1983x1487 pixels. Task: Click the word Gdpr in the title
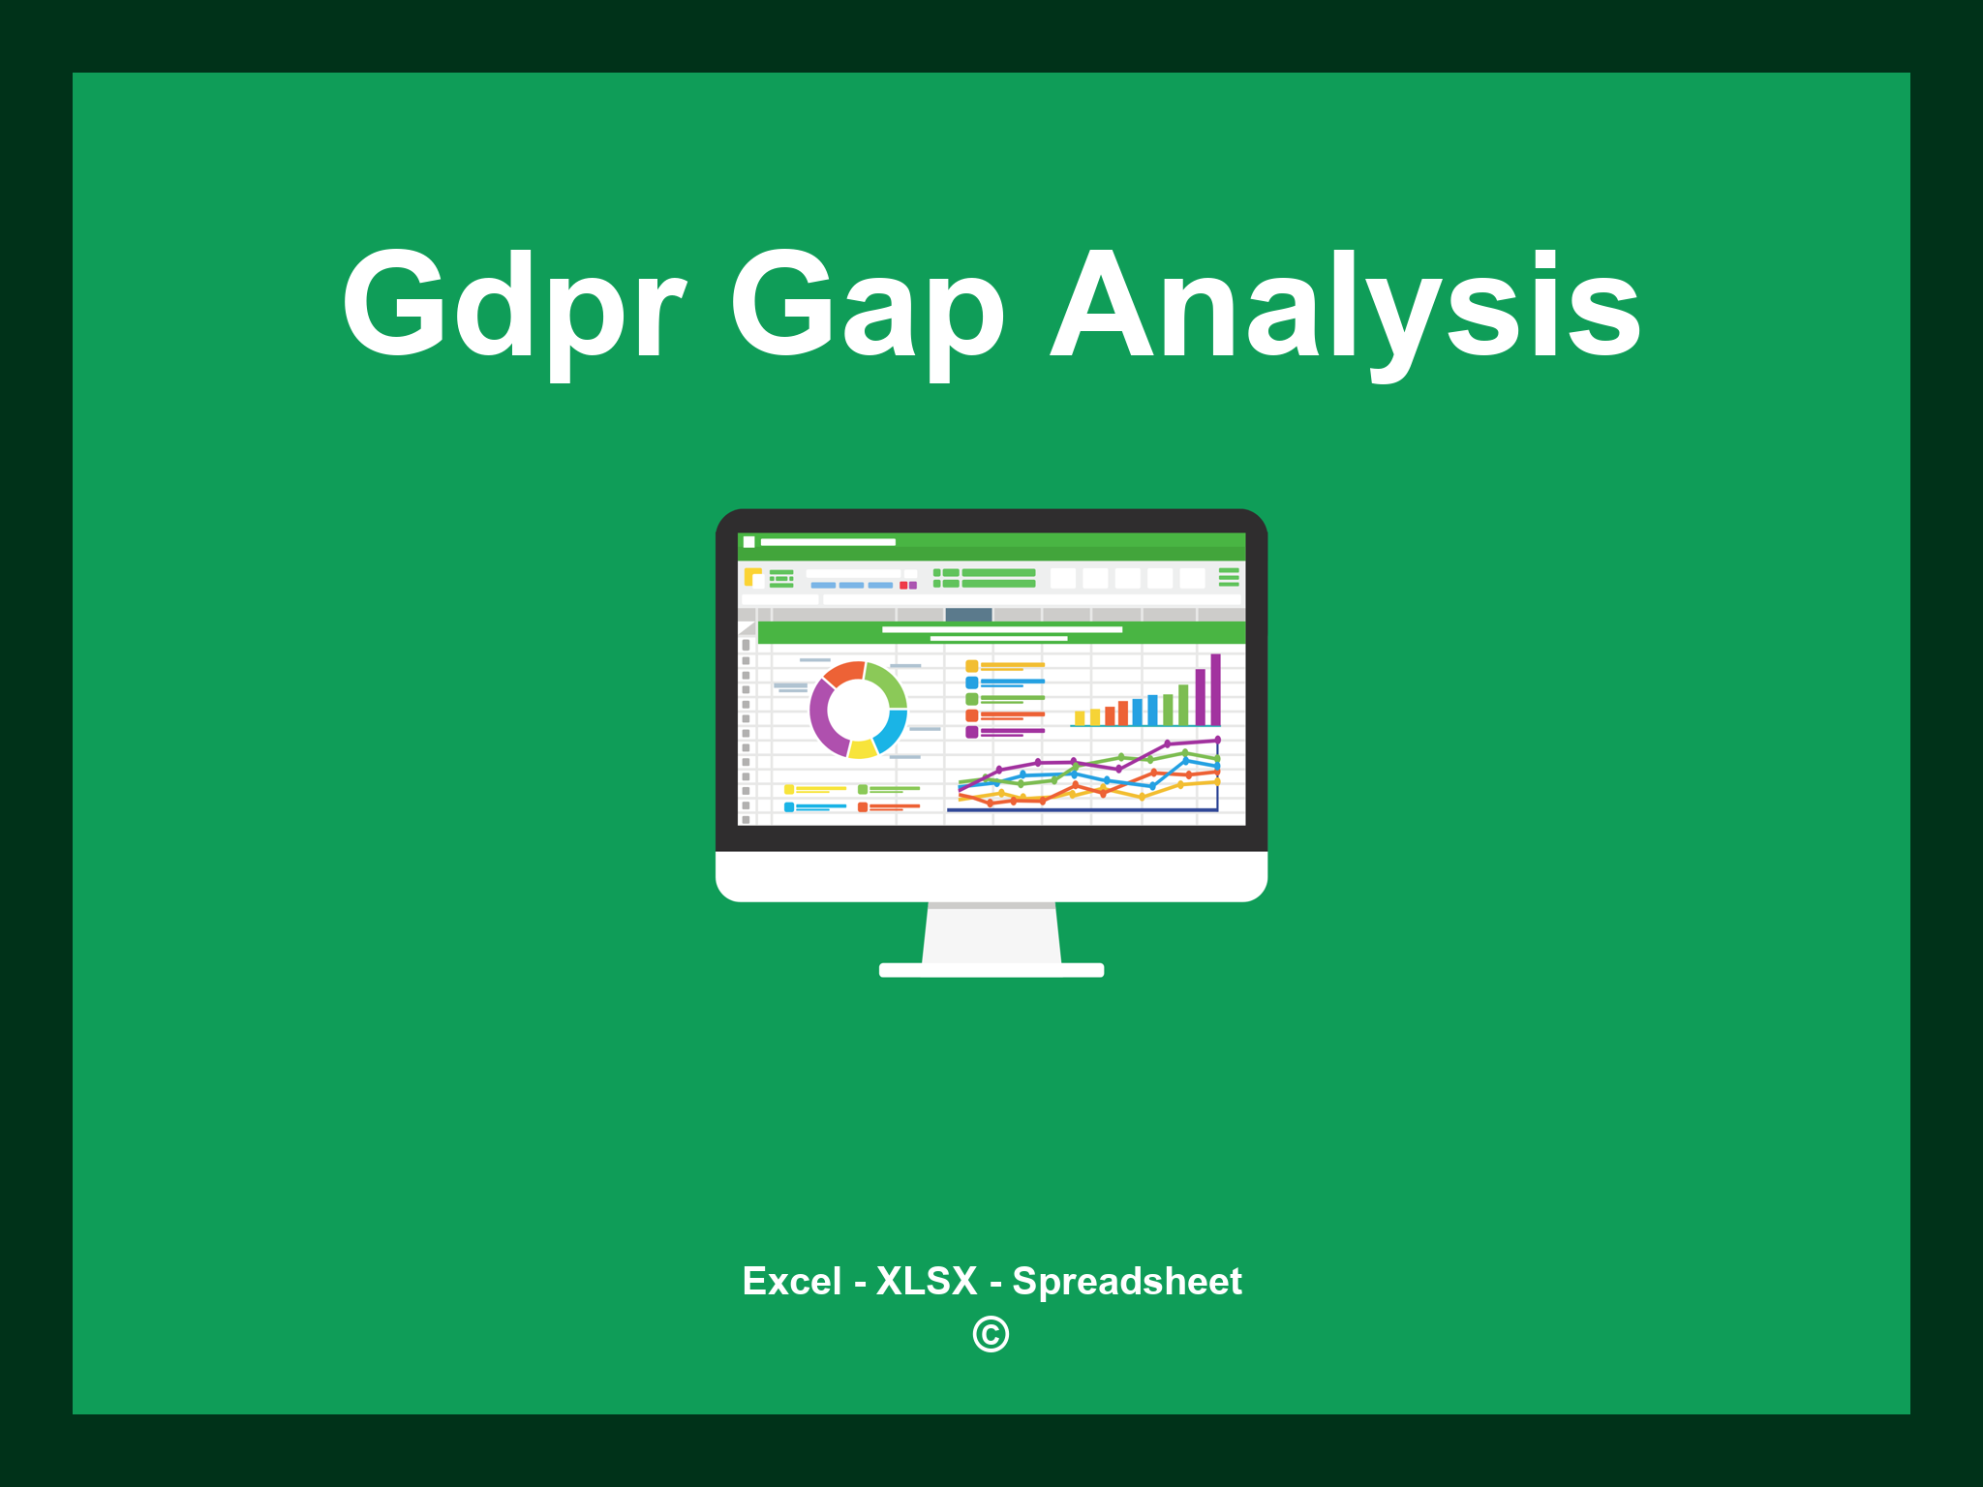pos(513,306)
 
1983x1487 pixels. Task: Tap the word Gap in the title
pos(867,308)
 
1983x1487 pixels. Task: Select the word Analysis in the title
pos(1346,308)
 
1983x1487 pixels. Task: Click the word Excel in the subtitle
pos(791,1281)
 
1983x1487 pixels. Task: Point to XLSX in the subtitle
pos(927,1281)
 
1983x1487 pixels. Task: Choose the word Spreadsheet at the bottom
pos(1126,1281)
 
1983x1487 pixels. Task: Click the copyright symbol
pos(991,1334)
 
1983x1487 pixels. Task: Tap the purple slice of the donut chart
pos(822,717)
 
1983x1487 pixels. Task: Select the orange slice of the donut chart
pos(843,672)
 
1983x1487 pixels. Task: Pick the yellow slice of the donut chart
pos(862,748)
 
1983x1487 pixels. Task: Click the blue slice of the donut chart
pos(892,731)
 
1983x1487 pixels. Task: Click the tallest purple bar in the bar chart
pos(1215,689)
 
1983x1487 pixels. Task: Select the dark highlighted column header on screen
pos(968,614)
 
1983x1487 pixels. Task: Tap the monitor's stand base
pos(991,970)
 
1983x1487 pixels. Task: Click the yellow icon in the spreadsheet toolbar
pos(752,577)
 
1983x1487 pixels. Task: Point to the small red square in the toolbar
pos(903,585)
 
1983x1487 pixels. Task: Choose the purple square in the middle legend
pos(971,732)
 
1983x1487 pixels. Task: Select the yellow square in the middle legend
pos(971,666)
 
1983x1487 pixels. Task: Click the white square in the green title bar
pos(748,542)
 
